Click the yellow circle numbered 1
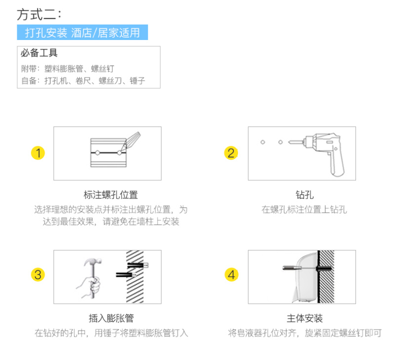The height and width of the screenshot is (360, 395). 38,153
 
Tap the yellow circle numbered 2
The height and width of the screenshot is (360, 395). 231,153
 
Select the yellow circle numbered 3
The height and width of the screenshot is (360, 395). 38,275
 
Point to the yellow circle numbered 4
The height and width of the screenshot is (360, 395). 231,275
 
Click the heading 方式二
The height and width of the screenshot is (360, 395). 39,14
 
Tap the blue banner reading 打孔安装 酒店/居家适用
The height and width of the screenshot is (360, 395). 82,32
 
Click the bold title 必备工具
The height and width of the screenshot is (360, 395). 39,53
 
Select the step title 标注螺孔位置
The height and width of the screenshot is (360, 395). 111,195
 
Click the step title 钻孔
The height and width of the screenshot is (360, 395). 305,195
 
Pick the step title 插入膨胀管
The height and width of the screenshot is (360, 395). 111,319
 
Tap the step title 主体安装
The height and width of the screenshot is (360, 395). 305,319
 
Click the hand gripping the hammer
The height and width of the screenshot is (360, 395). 90,287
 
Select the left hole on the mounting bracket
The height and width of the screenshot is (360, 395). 97,153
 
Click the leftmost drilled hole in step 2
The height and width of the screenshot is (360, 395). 263,142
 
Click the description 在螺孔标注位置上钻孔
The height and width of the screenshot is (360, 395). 304,209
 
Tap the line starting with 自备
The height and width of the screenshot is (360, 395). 83,80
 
